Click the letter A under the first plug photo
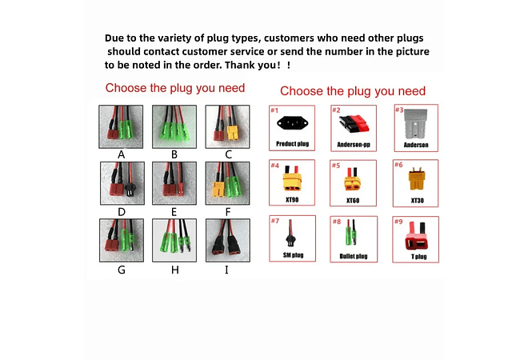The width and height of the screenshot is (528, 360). (122, 154)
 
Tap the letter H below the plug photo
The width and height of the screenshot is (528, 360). (174, 270)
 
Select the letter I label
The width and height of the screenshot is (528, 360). (226, 270)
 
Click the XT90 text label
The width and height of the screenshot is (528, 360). (292, 200)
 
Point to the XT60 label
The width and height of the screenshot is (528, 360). (353, 200)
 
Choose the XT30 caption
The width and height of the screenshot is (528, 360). (418, 200)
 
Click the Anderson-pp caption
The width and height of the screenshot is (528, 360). (354, 145)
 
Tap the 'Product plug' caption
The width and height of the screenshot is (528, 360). (292, 144)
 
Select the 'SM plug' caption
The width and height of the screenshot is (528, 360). (294, 255)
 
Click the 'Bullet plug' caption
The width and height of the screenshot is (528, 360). (354, 256)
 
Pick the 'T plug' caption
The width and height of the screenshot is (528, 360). (419, 257)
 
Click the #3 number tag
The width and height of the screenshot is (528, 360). (399, 110)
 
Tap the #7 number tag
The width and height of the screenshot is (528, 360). (275, 221)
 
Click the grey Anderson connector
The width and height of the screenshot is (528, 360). (416, 124)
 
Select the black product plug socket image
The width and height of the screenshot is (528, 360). (292, 123)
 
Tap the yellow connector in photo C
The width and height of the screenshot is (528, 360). (232, 133)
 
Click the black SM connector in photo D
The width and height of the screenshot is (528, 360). (130, 190)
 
